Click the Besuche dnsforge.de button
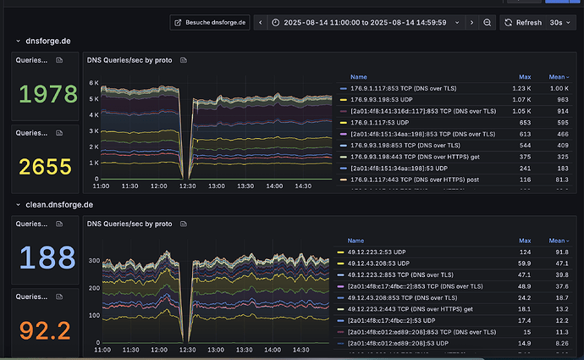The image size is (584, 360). pyautogui.click(x=210, y=22)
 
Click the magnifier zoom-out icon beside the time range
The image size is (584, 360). pyautogui.click(x=488, y=22)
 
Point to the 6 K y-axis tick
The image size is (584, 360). pyautogui.click(x=95, y=82)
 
